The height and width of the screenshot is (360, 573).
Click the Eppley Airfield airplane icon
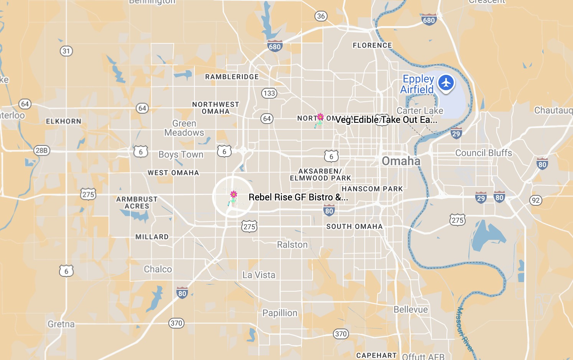pos(446,83)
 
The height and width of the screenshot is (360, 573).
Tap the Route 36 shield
pos(321,16)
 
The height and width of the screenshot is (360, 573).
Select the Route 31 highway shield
pos(66,51)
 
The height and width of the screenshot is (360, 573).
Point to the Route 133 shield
pos(269,93)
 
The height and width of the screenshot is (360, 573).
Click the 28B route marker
pos(42,150)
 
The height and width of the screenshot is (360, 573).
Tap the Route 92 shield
pos(536,200)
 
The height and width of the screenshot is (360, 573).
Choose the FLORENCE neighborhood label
pos(372,45)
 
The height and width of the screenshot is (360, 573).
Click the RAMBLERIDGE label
pos(232,77)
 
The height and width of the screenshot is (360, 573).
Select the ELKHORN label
pos(64,121)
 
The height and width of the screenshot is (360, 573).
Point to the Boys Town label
pos(181,154)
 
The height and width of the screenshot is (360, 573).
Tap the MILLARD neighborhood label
pos(152,237)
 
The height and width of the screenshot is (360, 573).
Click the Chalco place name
pos(158,269)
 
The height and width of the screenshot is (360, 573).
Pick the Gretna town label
pos(61,324)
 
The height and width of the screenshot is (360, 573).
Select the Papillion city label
pos(280,313)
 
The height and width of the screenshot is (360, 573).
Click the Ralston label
pos(292,244)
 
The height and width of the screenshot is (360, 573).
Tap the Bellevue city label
pos(410,309)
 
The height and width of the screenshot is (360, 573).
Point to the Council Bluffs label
pos(483,153)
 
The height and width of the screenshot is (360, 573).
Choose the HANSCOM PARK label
pos(372,189)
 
